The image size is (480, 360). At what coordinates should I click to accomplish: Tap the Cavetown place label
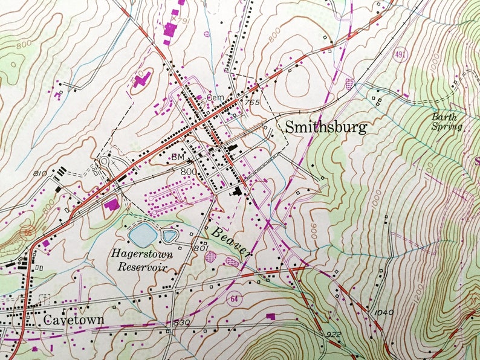click(x=74, y=320)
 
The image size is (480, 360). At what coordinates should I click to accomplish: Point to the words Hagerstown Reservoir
click(x=141, y=260)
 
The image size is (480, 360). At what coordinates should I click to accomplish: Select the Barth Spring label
click(x=447, y=122)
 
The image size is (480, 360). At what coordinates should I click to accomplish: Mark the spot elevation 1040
click(x=384, y=312)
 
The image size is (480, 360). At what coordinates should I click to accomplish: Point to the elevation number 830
click(x=181, y=324)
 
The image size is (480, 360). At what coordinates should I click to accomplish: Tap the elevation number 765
click(x=252, y=103)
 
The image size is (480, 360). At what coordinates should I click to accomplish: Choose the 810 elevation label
click(x=40, y=174)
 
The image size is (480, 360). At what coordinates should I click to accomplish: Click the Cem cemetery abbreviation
click(x=215, y=97)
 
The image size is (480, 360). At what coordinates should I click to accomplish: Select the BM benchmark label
click(x=177, y=156)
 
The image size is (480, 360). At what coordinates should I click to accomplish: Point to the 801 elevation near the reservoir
click(x=201, y=248)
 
